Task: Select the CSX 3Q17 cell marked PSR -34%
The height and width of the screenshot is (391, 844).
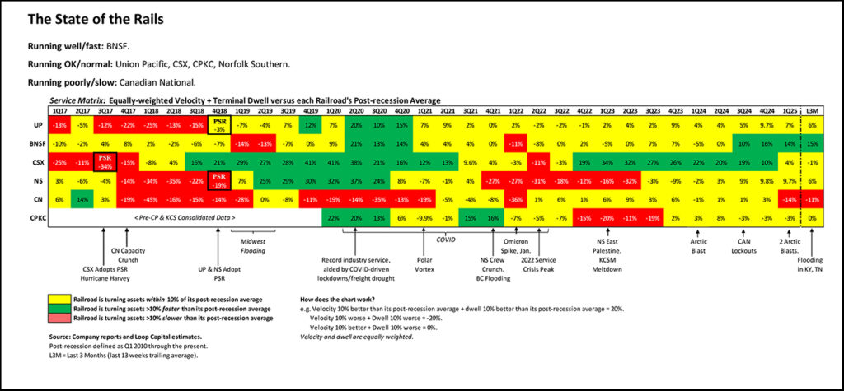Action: [105, 161]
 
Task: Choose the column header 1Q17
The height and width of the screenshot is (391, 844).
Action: [59, 110]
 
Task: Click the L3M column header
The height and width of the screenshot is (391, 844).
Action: [813, 110]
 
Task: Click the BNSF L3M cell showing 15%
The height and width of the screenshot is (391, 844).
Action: [813, 143]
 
